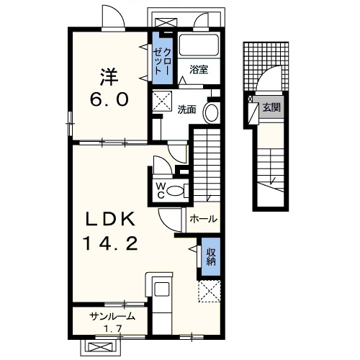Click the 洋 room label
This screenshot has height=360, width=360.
point(109,77)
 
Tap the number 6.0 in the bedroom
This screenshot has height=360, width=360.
point(109,99)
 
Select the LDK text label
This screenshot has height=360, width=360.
point(111,220)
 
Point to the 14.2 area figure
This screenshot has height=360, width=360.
point(110,243)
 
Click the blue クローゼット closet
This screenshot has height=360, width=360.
point(163,58)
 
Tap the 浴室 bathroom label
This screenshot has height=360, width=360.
point(199,70)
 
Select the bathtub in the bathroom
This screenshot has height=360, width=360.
point(199,45)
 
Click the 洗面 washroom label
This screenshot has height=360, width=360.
point(186,109)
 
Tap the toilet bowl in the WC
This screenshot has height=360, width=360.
point(175,191)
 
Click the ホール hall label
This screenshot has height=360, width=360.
point(204,219)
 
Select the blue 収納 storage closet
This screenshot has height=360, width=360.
point(211,256)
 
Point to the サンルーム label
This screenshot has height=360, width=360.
point(112,317)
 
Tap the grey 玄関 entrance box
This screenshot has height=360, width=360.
point(269,107)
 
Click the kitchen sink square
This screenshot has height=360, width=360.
point(162,289)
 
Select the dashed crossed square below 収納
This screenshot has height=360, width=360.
point(209,291)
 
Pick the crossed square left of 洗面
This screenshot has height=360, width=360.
point(163,101)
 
